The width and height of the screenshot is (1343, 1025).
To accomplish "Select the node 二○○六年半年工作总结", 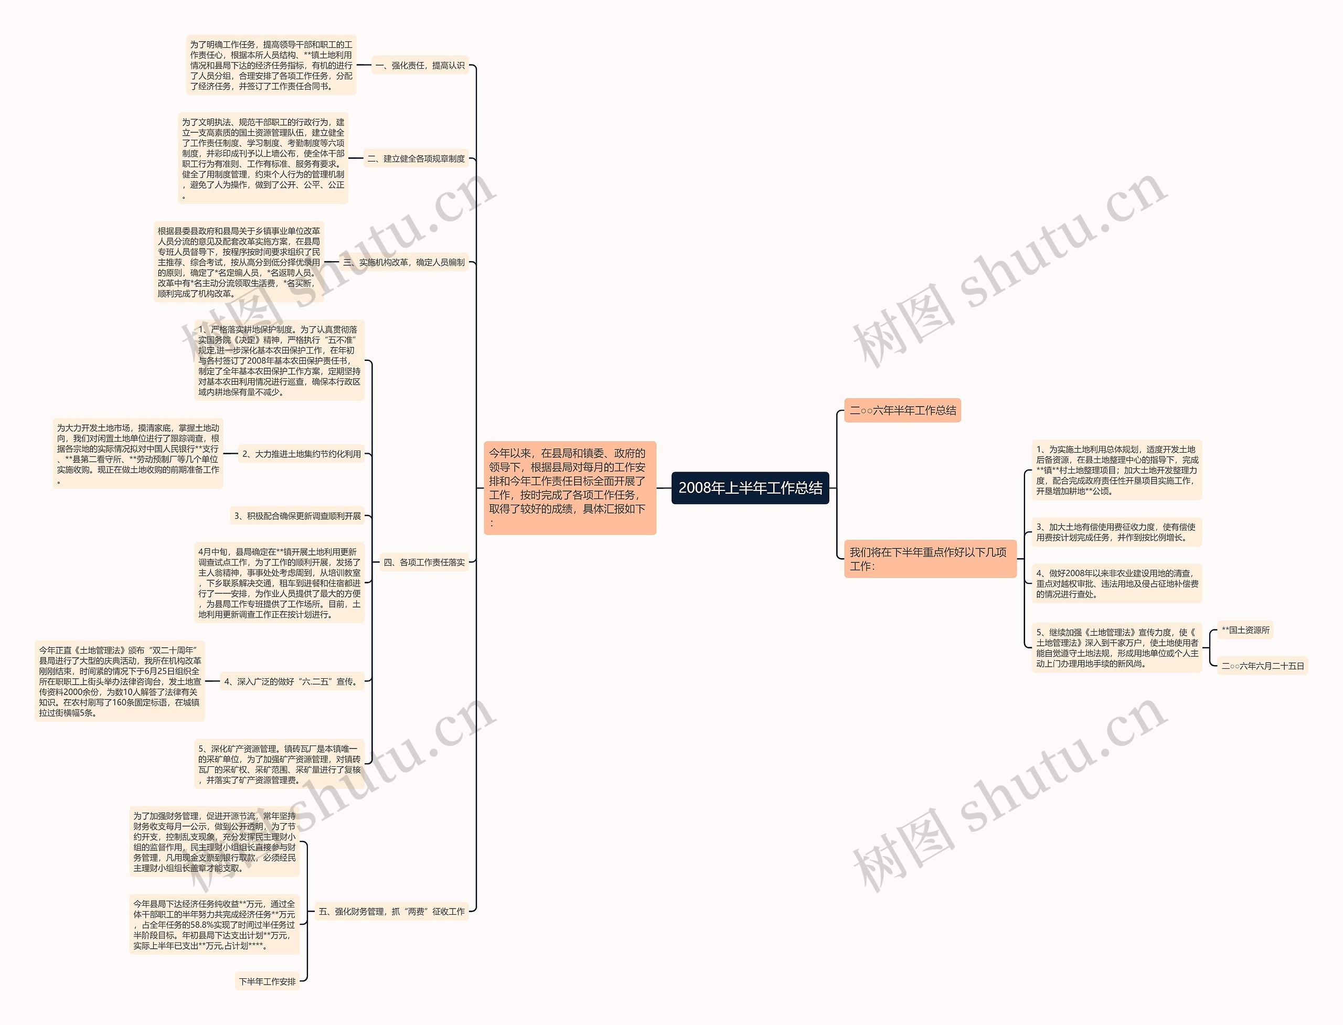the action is click(x=902, y=411).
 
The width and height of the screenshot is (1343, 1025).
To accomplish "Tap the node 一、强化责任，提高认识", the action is click(x=420, y=65).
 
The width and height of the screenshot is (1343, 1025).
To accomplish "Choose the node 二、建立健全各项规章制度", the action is click(x=415, y=158).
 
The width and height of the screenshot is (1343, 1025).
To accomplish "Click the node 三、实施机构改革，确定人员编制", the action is click(x=404, y=262).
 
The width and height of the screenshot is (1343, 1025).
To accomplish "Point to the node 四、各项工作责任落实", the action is click(x=424, y=562).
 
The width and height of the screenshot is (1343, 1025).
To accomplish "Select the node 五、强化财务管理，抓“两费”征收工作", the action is click(x=391, y=912).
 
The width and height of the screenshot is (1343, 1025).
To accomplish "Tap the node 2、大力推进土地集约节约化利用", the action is click(x=302, y=454).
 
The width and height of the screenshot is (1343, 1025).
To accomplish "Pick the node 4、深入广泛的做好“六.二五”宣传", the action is click(x=292, y=681).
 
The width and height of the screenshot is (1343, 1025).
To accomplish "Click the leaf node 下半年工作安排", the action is click(x=267, y=981).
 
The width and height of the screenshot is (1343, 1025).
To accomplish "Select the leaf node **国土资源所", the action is click(x=1245, y=630).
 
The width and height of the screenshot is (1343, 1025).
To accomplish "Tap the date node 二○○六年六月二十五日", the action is click(x=1262, y=666).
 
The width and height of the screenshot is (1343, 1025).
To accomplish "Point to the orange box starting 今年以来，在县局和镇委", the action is click(x=569, y=487).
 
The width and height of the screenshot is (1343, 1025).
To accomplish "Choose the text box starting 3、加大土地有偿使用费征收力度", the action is click(x=1116, y=532).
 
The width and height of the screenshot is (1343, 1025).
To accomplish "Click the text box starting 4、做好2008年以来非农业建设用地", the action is click(x=1116, y=583).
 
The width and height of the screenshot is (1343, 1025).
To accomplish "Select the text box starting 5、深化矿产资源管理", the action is click(x=279, y=764).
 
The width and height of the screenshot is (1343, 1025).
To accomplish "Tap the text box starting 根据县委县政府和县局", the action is click(x=239, y=262).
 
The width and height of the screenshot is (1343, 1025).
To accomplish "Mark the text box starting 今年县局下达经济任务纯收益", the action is click(x=214, y=924).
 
